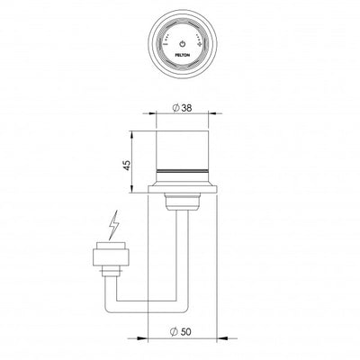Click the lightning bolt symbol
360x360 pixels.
(113, 221)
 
